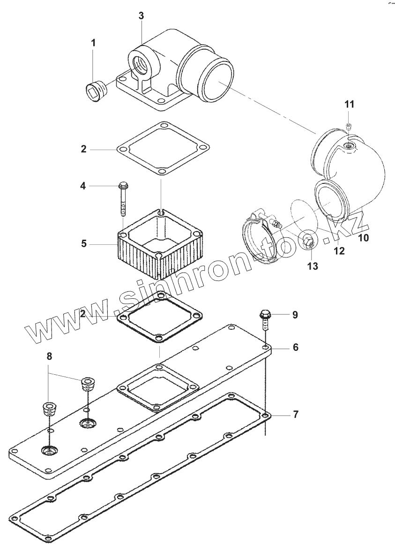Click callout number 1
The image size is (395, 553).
click(93, 43)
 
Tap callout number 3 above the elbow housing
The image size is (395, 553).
click(141, 15)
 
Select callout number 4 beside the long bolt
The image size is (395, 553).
click(83, 186)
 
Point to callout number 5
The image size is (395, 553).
click(84, 243)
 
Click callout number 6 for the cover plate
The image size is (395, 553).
click(295, 347)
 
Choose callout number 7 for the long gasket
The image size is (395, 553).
click(295, 414)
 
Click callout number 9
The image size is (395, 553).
click(295, 314)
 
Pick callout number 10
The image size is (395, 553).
click(364, 238)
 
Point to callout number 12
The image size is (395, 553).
click(339, 251)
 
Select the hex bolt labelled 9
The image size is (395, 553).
click(265, 319)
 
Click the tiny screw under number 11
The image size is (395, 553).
click(349, 125)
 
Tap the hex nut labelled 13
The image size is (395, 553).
click(307, 242)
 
